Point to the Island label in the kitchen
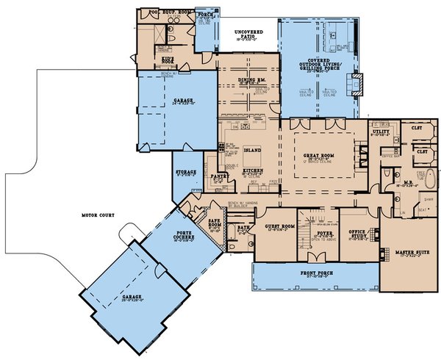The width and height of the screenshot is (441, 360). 252,148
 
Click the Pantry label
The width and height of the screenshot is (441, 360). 218,176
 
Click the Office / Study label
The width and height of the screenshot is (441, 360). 358,232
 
